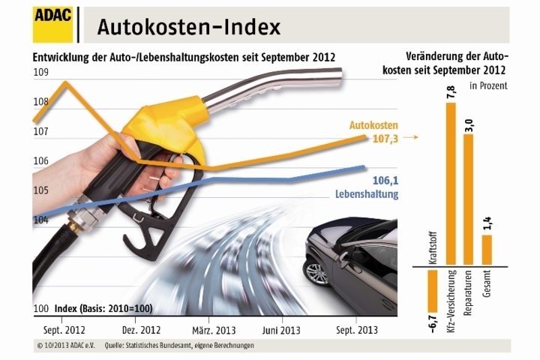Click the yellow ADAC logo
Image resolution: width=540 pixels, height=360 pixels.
(52, 25)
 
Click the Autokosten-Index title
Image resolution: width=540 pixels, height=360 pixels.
(188, 28)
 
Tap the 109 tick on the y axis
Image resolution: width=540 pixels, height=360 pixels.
(40, 72)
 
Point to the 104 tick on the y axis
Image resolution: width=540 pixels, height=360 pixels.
(40, 220)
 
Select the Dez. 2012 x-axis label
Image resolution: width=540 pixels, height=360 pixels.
(140, 329)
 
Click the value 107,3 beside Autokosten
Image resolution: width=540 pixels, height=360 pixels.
(382, 139)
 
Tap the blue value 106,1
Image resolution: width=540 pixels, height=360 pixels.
(384, 180)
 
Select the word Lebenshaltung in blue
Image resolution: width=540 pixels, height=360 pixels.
(366, 194)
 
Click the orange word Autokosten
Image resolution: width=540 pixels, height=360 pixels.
(373, 125)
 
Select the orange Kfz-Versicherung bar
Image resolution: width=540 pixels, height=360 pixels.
(451, 185)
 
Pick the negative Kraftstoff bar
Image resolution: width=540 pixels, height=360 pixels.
(433, 289)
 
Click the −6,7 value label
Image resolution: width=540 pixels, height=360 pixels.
(433, 322)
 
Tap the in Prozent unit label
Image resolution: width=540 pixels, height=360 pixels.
(489, 85)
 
